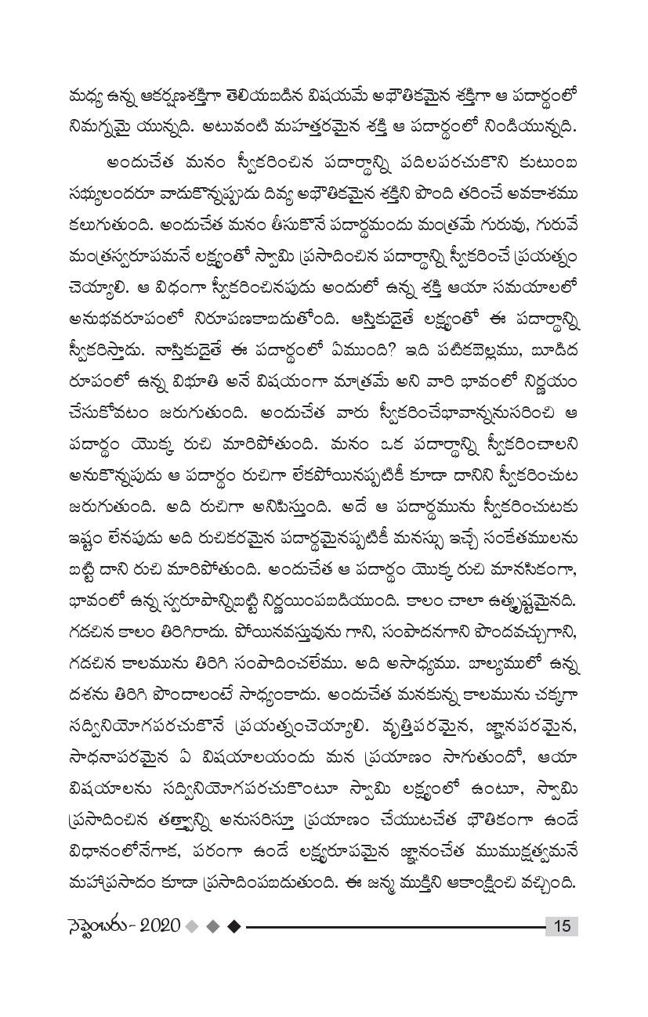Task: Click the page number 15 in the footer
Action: [x=562, y=926]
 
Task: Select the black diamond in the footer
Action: [x=233, y=926]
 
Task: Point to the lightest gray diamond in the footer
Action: [x=190, y=926]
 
